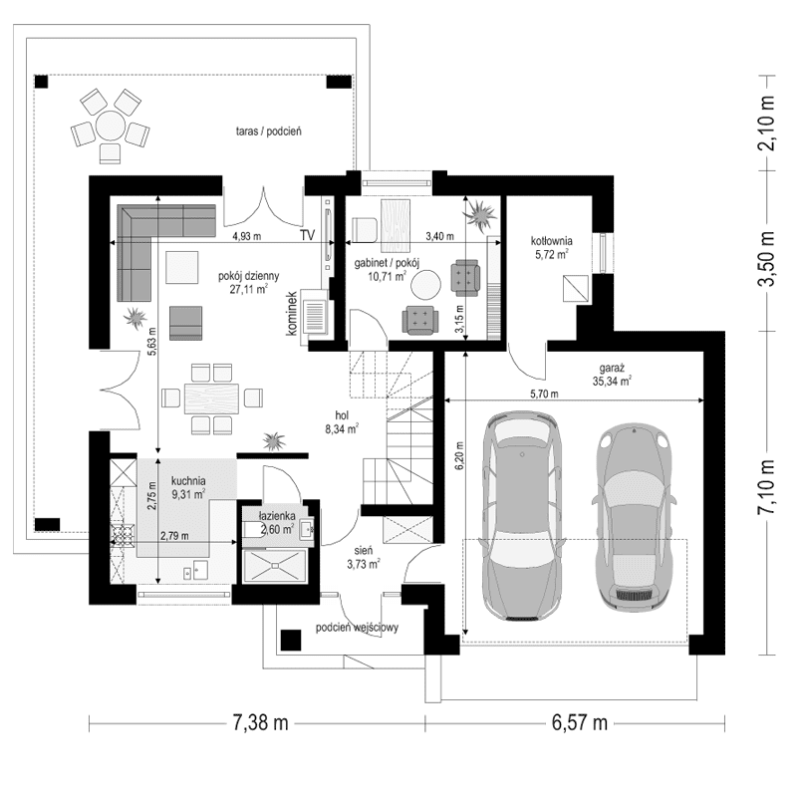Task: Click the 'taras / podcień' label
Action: (269, 131)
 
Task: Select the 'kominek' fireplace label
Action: (292, 313)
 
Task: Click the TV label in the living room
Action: (307, 235)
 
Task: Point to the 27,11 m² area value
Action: (249, 289)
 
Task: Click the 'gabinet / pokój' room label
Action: (387, 263)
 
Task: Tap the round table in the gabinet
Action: (426, 284)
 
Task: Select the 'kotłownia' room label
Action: (551, 241)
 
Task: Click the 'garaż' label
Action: (612, 368)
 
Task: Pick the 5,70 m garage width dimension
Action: (544, 394)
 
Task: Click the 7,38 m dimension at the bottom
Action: (260, 722)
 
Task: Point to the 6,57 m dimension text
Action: (580, 722)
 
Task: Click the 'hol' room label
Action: (342, 415)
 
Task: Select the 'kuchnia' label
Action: (188, 480)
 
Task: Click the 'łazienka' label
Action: (277, 516)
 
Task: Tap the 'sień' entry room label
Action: (364, 551)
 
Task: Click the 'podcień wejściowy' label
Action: (357, 628)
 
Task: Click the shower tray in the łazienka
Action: (275, 566)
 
